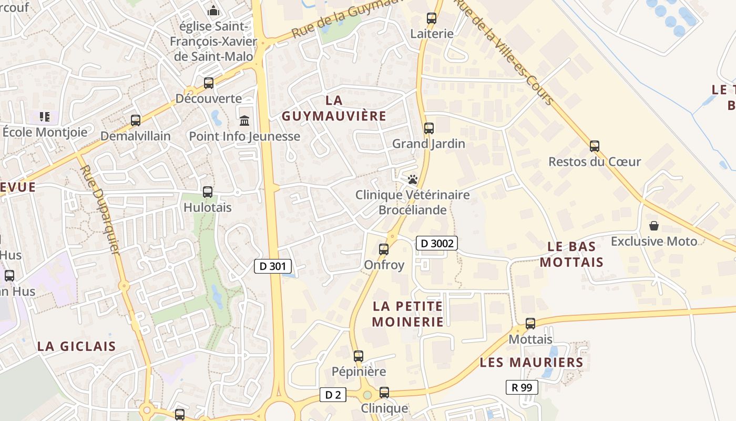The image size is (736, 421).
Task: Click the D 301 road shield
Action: pos(273,266)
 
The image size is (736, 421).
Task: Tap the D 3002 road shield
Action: pos(437,243)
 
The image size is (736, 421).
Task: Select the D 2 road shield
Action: pos(333,395)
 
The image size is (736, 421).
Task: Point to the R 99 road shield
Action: pos(522,387)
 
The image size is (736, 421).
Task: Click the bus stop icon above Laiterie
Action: pos(432,18)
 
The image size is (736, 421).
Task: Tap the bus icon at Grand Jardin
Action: pos(429,128)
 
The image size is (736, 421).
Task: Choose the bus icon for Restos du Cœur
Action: pos(595,146)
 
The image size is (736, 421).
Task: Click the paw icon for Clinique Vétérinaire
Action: pos(412,180)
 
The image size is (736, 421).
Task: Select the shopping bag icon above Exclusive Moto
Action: pos(654,226)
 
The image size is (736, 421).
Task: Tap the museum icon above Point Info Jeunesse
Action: pos(244,121)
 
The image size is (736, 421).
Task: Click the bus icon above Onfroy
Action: pos(384,249)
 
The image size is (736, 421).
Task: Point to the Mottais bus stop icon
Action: pos(530,324)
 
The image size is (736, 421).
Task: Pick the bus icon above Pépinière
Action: pos(359,356)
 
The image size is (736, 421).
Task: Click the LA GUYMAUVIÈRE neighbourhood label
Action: pos(334,108)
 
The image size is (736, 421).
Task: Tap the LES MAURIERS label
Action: pos(531,362)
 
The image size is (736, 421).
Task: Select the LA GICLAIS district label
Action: pos(76,346)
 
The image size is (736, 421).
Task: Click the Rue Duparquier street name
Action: pos(100,209)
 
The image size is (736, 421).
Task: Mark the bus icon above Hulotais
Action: pos(208,192)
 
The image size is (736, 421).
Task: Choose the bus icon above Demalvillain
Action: pos(136,121)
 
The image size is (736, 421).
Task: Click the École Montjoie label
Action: pos(45,132)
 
